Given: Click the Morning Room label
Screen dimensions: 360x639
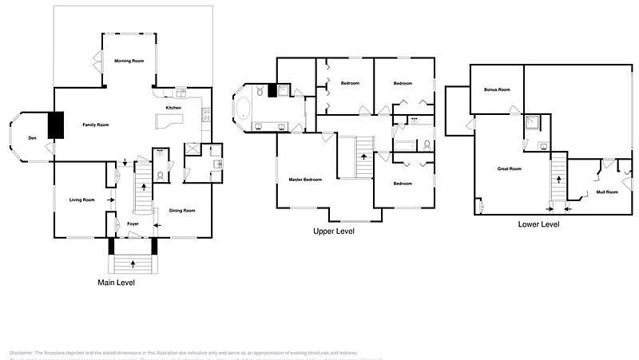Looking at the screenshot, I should [x=129, y=61].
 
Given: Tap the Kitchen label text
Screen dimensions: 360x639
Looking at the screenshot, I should [x=173, y=108].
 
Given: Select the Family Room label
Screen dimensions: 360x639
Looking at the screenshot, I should [x=96, y=125].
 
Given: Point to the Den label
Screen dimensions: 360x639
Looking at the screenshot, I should [x=32, y=139].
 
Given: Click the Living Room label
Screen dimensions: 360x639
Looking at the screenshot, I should [x=82, y=200].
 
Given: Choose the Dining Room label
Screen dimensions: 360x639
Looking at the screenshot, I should [x=182, y=210].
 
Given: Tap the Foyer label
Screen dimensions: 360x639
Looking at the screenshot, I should [x=133, y=224].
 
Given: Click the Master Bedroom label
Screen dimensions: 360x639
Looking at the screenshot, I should [x=305, y=180].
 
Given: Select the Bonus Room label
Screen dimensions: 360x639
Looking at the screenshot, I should [x=497, y=89].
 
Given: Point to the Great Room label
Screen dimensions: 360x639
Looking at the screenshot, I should [x=509, y=168].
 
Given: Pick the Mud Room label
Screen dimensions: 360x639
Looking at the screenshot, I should [x=607, y=192].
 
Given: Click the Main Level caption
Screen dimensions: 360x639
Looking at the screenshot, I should [x=116, y=283].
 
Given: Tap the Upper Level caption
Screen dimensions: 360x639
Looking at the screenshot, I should [x=334, y=231].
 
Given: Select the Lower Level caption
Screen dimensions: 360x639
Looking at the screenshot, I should [x=538, y=224].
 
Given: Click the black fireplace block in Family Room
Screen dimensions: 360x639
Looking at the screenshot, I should [x=56, y=125].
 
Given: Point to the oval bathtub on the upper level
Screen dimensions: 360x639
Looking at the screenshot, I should [x=242, y=108].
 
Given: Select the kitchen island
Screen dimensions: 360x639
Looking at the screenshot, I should [x=169, y=121].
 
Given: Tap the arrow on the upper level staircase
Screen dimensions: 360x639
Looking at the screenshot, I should [x=365, y=156].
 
